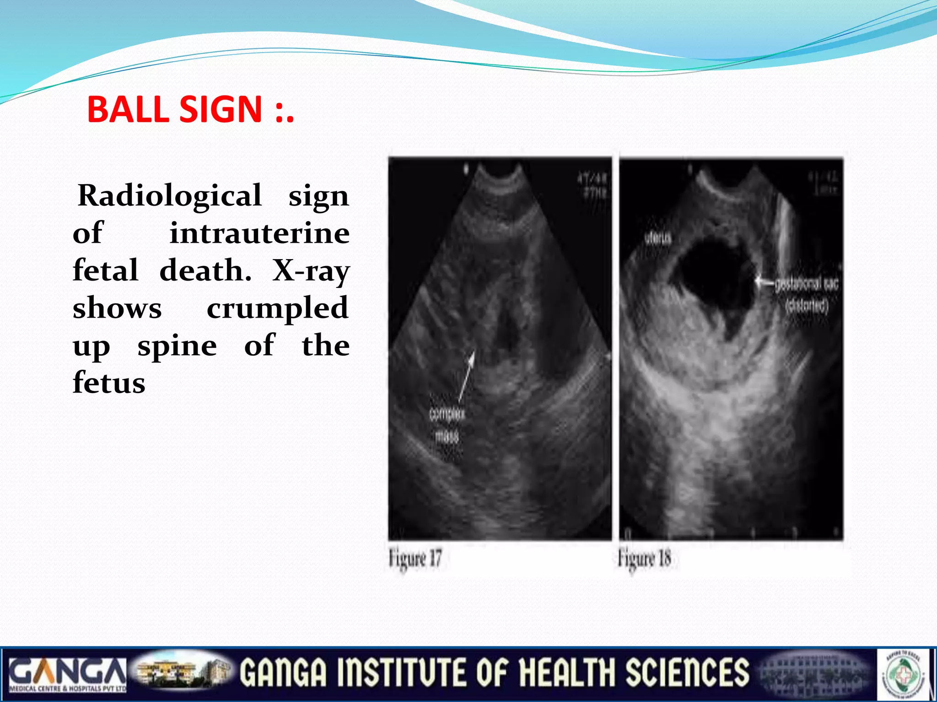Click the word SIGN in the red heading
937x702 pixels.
220,109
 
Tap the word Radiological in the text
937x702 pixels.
170,196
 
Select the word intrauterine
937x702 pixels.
259,233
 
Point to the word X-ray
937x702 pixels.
311,271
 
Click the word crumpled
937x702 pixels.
278,308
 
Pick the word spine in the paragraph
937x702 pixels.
177,346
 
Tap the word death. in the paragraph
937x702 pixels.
205,271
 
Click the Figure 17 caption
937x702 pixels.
415,558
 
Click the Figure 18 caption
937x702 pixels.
644,558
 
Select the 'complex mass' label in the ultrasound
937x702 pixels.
447,425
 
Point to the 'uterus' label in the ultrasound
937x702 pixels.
658,238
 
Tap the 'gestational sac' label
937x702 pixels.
806,284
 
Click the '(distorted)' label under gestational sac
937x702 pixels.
806,305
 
